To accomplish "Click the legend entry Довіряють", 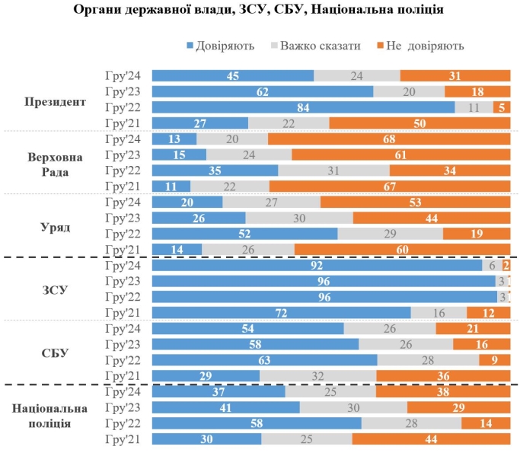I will pyautogui.click(x=220, y=46).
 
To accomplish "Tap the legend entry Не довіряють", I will pyautogui.click(x=422, y=46).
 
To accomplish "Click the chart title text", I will pyautogui.click(x=260, y=11).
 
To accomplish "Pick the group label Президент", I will pyautogui.click(x=55, y=100).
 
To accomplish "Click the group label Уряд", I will pyautogui.click(x=55, y=227).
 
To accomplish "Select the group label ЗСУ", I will pyautogui.click(x=55, y=290).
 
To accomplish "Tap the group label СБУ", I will pyautogui.click(x=55, y=353).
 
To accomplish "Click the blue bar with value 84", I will pyautogui.click(x=303, y=107).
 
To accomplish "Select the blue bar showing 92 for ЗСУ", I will pyautogui.click(x=317, y=266).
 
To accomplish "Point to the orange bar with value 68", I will pyautogui.click(x=389, y=139).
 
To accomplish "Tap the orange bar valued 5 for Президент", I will pyautogui.click(x=502, y=107).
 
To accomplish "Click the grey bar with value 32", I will pyautogui.click(x=318, y=376).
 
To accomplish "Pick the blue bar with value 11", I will pyautogui.click(x=171, y=187).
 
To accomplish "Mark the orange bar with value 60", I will pyautogui.click(x=402, y=250).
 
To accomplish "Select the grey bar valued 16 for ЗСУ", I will pyautogui.click(x=439, y=313).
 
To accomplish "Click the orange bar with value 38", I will pyautogui.click(x=442, y=391).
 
